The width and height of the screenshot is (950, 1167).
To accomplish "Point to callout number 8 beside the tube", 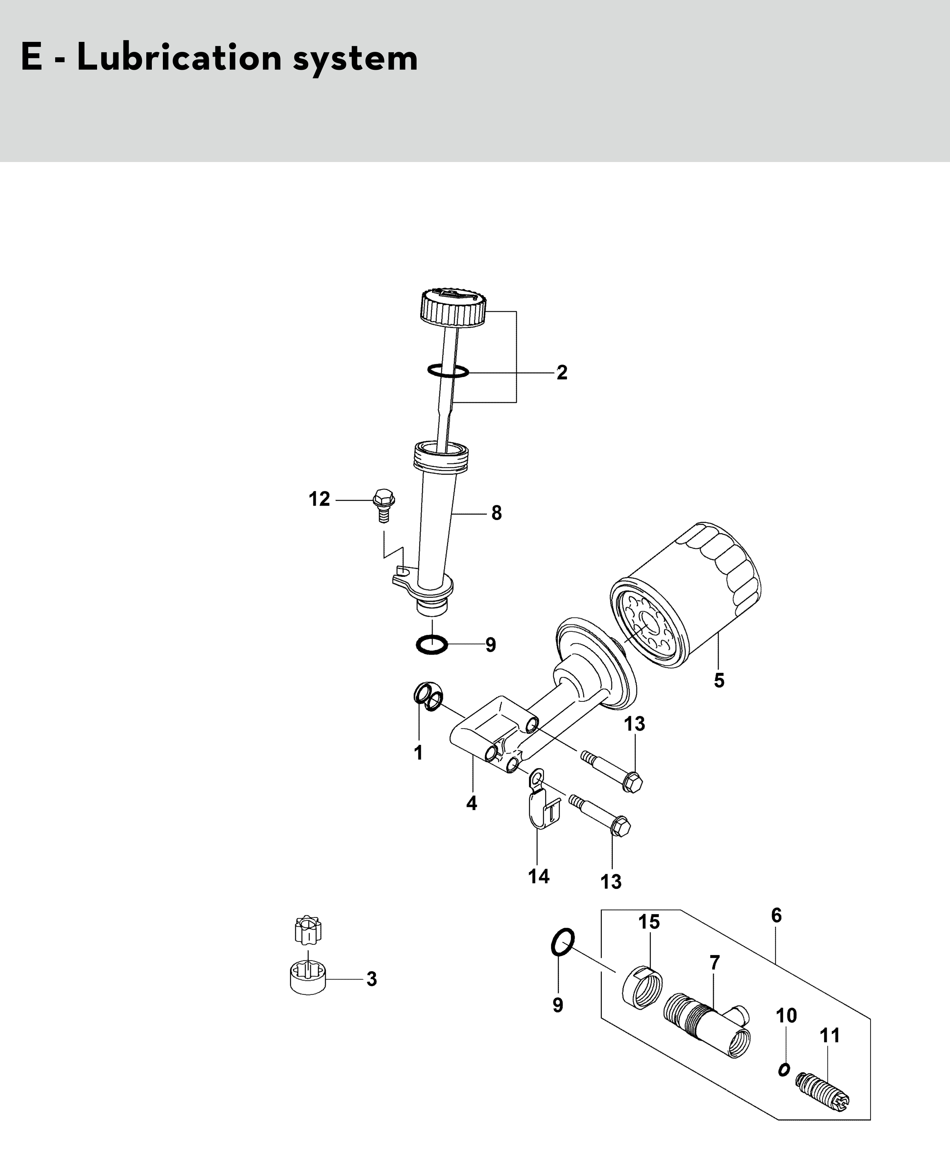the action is pos(496,513).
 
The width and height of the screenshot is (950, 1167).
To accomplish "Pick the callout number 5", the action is pos(719,681).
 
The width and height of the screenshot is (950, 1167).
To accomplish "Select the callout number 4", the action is pos(472,803).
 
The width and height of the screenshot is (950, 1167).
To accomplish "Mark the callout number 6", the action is pos(776,915).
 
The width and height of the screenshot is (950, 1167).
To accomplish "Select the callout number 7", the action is pos(715,962).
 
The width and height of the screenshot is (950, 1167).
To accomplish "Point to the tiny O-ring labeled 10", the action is pos(784,1069).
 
